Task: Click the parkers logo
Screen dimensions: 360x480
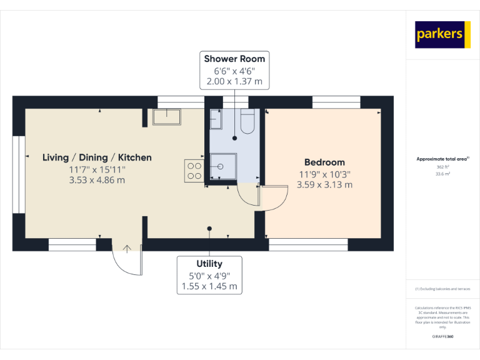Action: (x=439, y=34)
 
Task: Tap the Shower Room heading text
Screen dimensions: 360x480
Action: (x=234, y=59)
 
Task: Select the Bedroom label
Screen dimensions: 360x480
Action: (x=324, y=162)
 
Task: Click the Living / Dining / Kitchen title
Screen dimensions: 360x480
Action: (x=97, y=157)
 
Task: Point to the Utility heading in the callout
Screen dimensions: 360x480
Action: (x=209, y=264)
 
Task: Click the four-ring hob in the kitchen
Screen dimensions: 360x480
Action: (x=194, y=171)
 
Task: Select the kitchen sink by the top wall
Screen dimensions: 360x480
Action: (x=166, y=117)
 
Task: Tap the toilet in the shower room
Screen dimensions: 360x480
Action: (x=246, y=122)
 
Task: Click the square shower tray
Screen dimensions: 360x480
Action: (x=224, y=167)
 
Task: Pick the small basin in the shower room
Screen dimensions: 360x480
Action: (x=216, y=119)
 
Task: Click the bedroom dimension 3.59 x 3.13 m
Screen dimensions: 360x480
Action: (x=324, y=184)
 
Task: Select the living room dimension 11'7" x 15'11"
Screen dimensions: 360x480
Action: (x=97, y=169)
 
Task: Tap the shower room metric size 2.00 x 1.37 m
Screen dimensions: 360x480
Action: (x=234, y=81)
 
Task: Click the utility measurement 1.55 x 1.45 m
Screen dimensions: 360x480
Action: (x=209, y=286)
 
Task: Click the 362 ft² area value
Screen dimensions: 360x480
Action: (x=442, y=167)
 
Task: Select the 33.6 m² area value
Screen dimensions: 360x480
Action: (x=442, y=174)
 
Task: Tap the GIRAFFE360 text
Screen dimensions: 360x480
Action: (x=442, y=337)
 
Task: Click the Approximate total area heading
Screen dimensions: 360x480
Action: (x=442, y=159)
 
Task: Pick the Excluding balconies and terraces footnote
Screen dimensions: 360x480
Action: (x=442, y=289)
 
